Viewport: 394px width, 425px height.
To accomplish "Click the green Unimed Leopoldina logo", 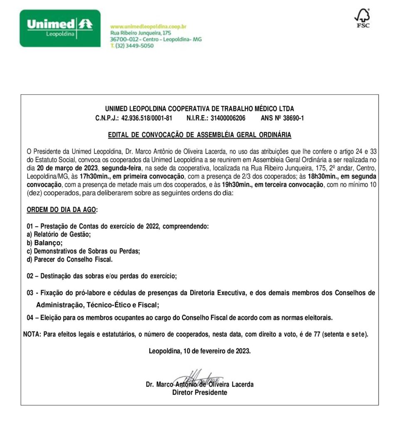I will tap(60, 28).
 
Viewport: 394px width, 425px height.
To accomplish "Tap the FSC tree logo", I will tap(362, 18).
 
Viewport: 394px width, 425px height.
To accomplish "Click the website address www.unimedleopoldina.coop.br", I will tap(148, 26).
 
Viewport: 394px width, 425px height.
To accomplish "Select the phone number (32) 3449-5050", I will tap(134, 46).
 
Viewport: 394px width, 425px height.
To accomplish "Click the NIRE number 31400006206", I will tap(228, 118).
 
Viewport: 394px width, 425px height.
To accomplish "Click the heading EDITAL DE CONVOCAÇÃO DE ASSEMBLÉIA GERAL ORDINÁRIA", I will tap(199, 135).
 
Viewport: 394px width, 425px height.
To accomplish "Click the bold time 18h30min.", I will tap(323, 176).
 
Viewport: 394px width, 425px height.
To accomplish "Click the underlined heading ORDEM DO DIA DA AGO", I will tap(62, 210).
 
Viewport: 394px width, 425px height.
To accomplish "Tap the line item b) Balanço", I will tap(44, 243).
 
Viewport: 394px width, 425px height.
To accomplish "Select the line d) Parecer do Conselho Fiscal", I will tap(70, 259).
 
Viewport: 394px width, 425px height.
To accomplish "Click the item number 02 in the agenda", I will tap(30, 276).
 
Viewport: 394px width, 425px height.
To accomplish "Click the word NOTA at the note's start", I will tap(32, 334).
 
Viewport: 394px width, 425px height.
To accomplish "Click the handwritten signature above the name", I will tap(198, 377).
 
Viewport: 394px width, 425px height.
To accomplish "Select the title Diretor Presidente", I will tap(199, 392).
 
